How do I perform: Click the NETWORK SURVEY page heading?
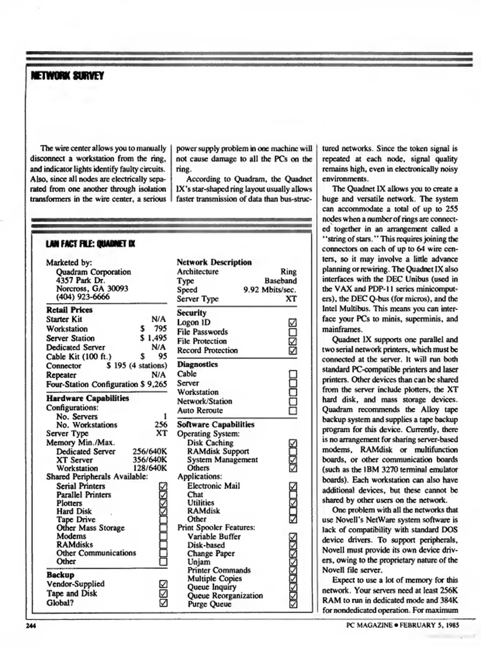point(67,76)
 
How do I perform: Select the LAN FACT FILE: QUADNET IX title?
point(90,244)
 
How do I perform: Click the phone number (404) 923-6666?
point(83,297)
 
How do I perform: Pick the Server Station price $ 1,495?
point(153,338)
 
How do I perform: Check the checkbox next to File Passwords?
point(292,332)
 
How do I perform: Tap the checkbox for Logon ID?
point(292,323)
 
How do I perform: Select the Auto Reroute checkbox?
point(292,411)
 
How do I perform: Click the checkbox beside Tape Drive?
point(163,520)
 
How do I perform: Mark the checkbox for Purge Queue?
point(293,604)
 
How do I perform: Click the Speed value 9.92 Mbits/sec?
point(270,290)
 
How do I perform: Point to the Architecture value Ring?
point(288,272)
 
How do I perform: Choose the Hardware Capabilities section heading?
point(88,398)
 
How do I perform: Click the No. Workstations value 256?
point(161,425)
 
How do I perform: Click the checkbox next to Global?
point(163,603)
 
